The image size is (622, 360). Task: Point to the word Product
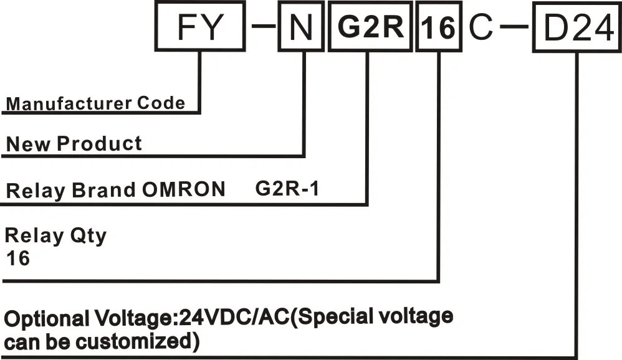(x=100, y=144)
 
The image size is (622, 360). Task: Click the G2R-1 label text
(x=287, y=188)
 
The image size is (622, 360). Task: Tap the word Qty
(x=87, y=236)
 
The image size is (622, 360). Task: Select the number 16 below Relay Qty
(x=17, y=258)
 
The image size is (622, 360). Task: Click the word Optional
(x=44, y=319)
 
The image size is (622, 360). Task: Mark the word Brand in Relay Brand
(x=102, y=190)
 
